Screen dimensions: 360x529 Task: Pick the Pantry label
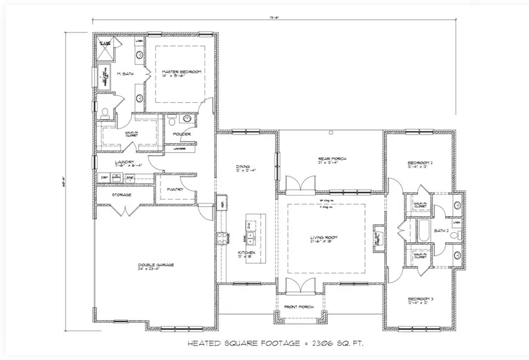[x=175, y=190]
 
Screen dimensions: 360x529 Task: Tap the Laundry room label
[x=125, y=162]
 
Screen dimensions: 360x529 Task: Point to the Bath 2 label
[x=441, y=231]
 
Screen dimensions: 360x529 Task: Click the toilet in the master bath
[x=103, y=112]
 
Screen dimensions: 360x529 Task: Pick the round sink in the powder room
[x=187, y=119]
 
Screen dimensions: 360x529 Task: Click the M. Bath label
[x=125, y=74]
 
